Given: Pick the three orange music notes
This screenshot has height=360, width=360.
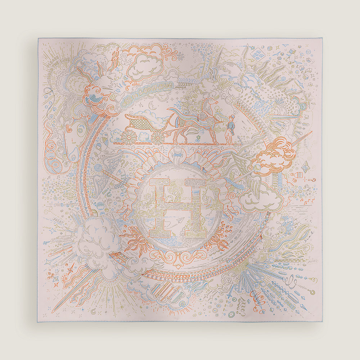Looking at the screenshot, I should (305, 204).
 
